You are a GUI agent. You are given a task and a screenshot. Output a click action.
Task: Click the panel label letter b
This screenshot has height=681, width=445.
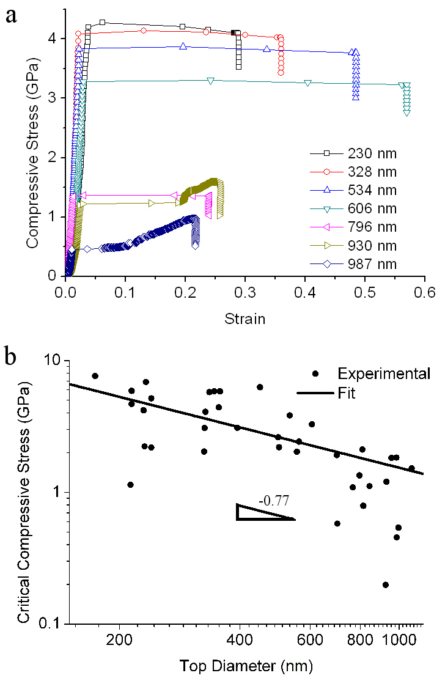11,358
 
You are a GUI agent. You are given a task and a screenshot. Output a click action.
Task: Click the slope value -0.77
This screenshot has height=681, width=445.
274,501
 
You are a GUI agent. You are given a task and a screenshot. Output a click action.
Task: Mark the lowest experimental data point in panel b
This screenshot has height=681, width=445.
386,585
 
